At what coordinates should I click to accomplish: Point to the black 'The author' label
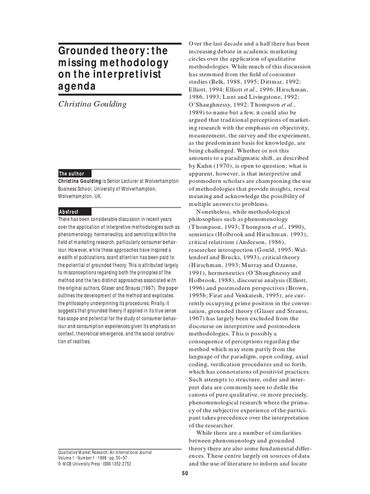pyautogui.click(x=72, y=174)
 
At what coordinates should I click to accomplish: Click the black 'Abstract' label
pyautogui.click(x=69, y=212)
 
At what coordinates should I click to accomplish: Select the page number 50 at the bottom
pyautogui.click(x=185, y=474)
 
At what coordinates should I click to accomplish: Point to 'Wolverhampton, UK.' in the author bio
pyautogui.click(x=80, y=196)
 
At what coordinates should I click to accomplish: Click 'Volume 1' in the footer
pyautogui.click(x=67, y=458)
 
